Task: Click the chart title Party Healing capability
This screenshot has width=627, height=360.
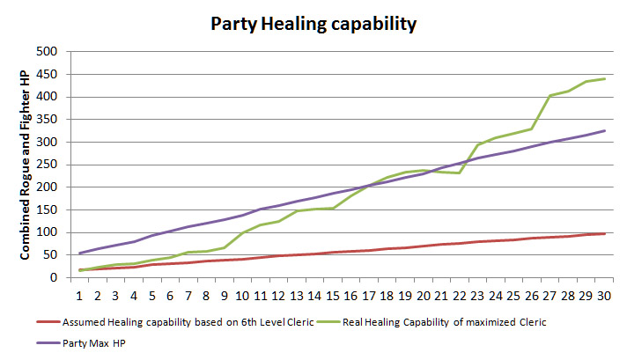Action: tap(313, 24)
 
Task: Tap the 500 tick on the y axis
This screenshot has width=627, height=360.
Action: tap(48, 51)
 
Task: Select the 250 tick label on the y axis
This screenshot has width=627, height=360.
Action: tap(48, 165)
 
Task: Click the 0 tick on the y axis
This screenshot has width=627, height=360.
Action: tap(54, 278)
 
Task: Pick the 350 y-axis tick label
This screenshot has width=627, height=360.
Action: tap(48, 120)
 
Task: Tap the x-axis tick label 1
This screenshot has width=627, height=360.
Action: tap(81, 294)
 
